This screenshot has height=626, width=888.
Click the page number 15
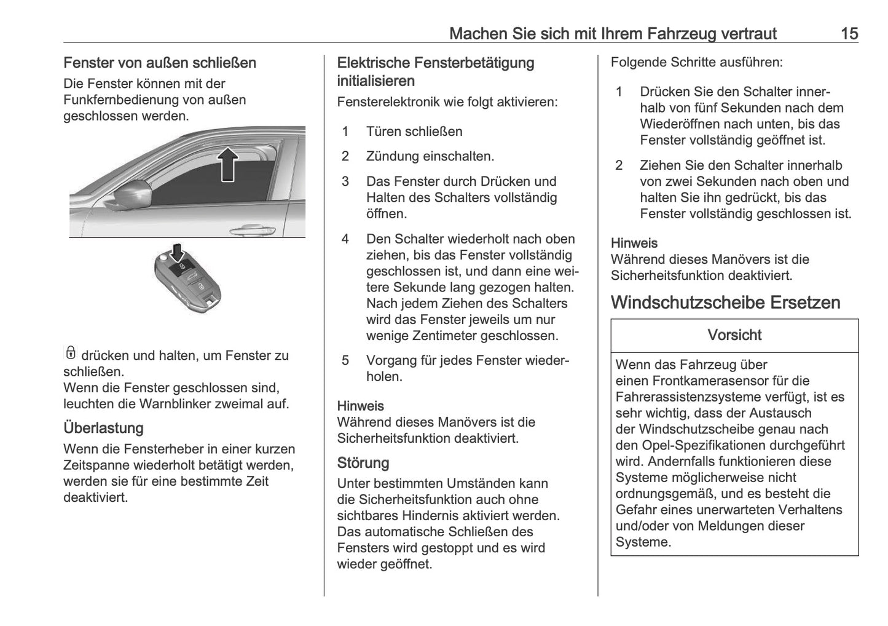pos(849,33)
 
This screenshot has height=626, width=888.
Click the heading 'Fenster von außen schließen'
pos(160,63)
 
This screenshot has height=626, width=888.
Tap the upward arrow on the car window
pos(228,164)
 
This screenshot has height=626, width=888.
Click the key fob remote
pos(187,280)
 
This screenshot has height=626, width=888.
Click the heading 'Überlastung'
pos(103,428)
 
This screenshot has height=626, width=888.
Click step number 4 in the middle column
pos(345,239)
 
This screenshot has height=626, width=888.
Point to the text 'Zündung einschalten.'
pos(430,156)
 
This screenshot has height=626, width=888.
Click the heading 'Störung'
pos(363,462)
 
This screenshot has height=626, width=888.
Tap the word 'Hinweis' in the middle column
pos(361,406)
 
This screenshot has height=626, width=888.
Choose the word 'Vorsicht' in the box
pos(734,335)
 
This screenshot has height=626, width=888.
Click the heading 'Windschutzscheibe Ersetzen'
pos(726,303)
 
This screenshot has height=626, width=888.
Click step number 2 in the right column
pos(619,165)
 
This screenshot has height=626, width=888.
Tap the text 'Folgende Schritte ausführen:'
pos(697,62)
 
